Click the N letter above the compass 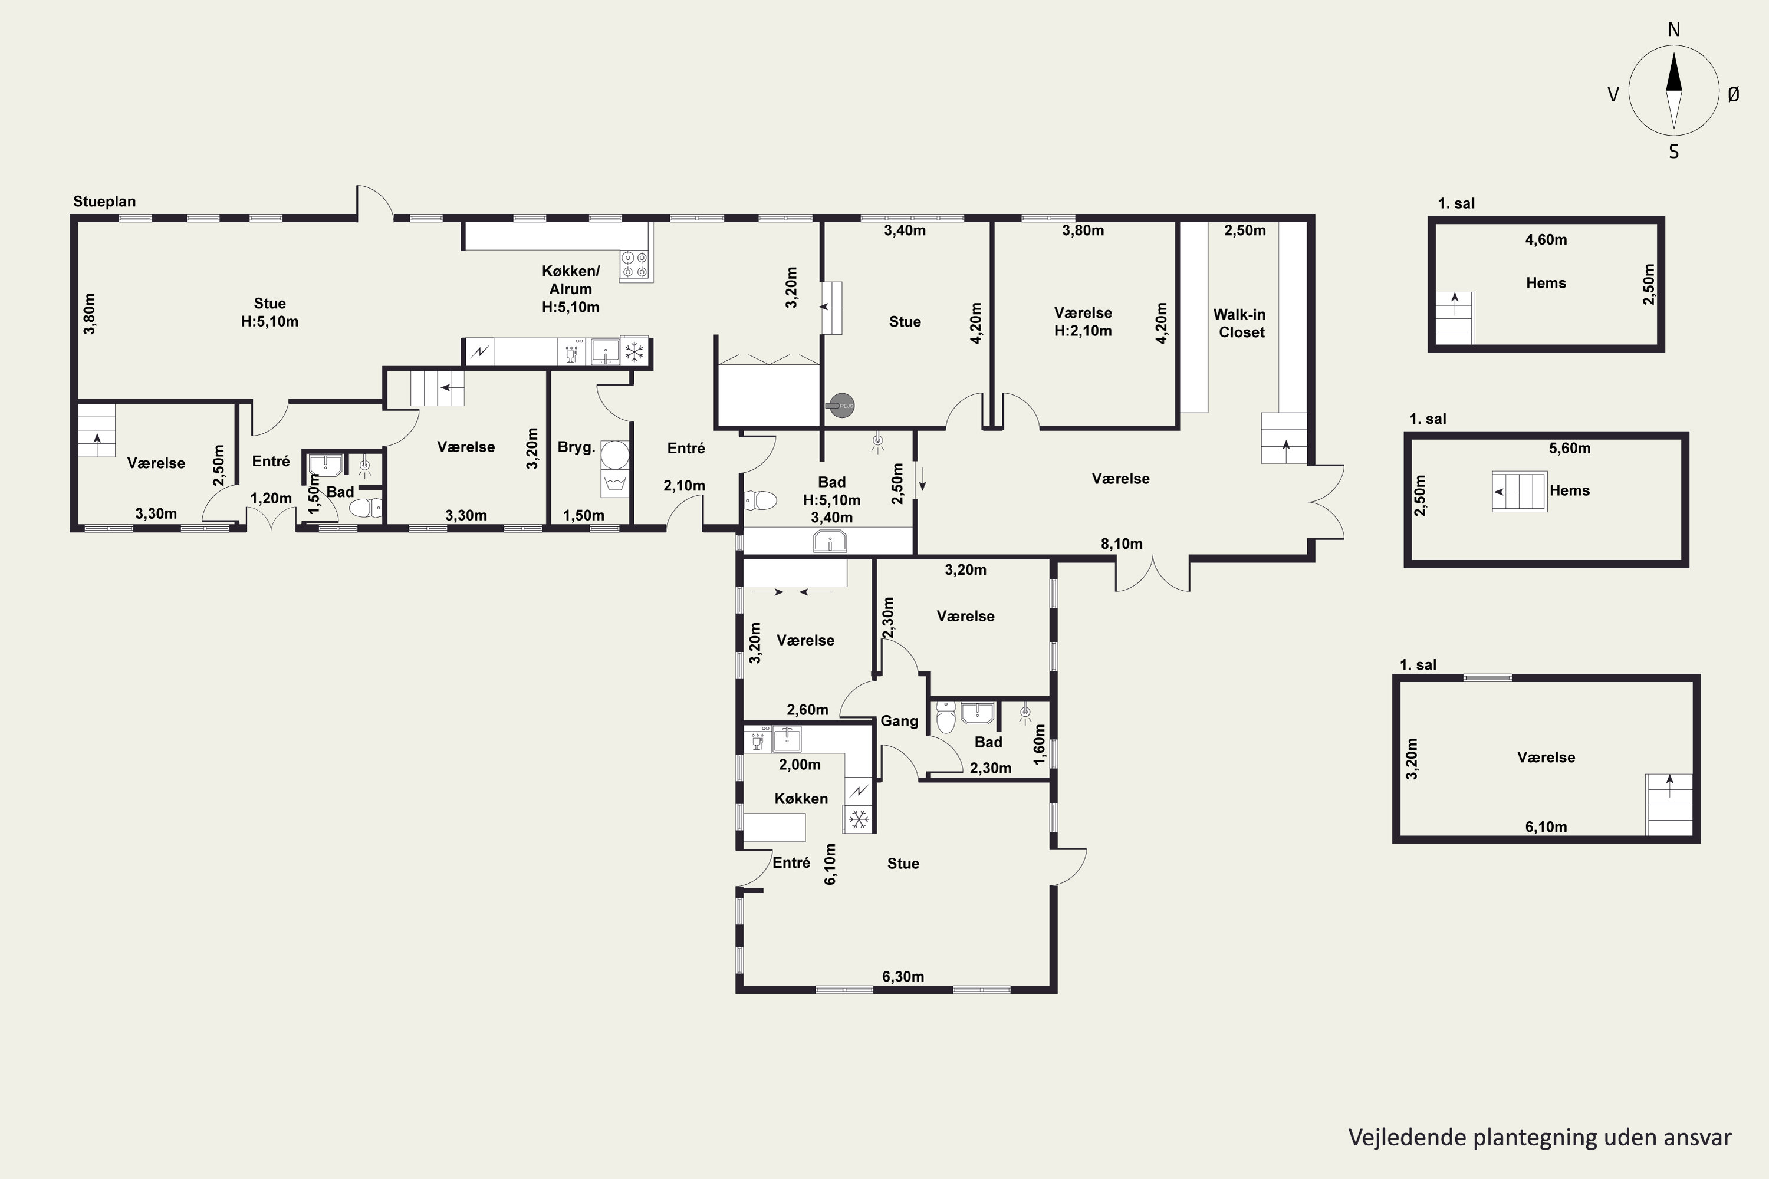[x=1673, y=29]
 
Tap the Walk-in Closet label [x=1239, y=323]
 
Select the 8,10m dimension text [x=1122, y=544]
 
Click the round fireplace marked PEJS [x=841, y=406]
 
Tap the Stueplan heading [x=104, y=202]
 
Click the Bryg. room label [x=576, y=447]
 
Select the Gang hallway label [x=900, y=721]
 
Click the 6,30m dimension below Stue [x=903, y=977]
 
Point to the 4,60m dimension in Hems [x=1546, y=240]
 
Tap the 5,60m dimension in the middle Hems [x=1570, y=448]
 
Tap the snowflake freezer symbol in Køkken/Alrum [x=635, y=351]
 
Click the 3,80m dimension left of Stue [x=90, y=314]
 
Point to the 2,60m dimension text [x=808, y=710]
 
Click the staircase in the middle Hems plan [x=1520, y=492]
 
